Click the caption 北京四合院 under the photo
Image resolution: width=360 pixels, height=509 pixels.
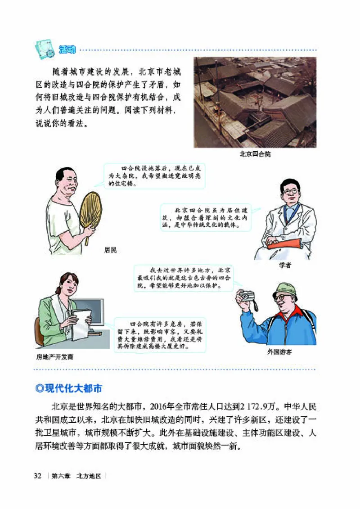(x=255, y=153)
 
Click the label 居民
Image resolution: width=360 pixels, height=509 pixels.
(x=110, y=250)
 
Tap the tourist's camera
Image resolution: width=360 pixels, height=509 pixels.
(x=246, y=296)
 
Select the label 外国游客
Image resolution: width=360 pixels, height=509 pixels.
(x=279, y=352)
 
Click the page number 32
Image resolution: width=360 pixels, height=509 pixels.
(x=38, y=476)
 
